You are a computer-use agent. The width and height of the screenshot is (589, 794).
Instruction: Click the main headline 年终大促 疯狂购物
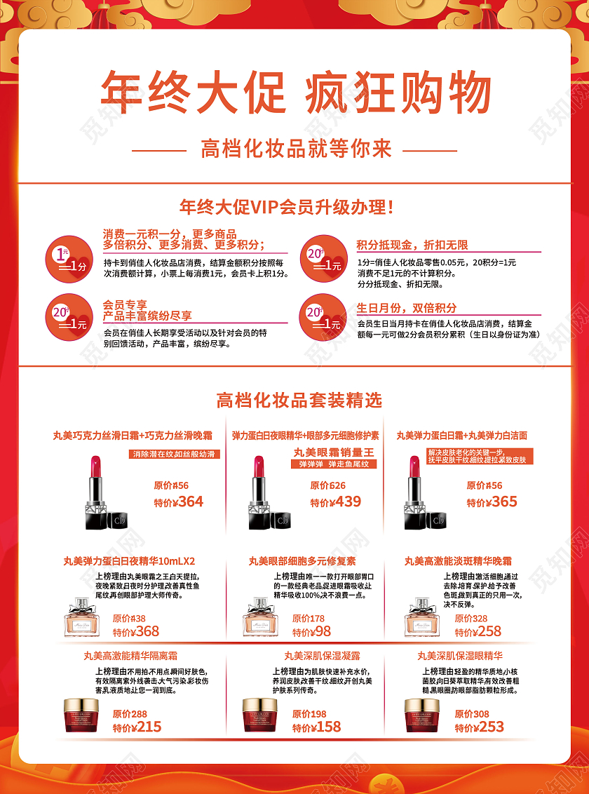295,92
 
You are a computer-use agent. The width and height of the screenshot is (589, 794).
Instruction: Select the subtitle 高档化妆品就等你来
295,149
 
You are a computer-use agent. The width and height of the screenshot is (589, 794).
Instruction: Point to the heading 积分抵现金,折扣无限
412,245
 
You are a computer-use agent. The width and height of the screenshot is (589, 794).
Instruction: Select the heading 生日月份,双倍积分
406,308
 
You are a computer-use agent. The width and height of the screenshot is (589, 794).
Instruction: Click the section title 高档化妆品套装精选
299,401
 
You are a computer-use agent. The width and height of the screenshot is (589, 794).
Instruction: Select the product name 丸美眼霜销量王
334,452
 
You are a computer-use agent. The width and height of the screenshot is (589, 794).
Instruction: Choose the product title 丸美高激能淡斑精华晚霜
458,561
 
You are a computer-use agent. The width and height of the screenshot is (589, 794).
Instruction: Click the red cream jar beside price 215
81,715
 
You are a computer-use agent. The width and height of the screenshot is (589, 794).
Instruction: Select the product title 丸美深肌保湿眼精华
459,656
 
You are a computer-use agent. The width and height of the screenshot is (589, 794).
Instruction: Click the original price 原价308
471,714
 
